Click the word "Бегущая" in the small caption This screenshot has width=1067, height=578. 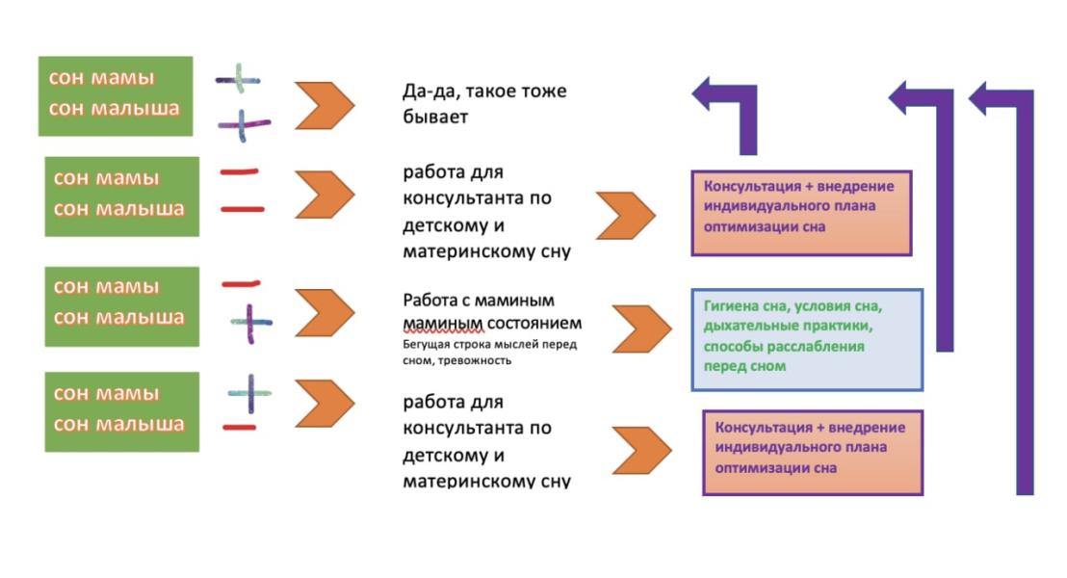pyautogui.click(x=429, y=344)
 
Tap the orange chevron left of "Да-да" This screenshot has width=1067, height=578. pyautogui.click(x=324, y=106)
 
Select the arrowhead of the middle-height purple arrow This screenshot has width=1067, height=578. pyautogui.click(x=903, y=97)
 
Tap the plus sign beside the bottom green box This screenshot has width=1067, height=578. pyautogui.click(x=249, y=393)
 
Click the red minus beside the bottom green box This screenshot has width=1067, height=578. pyautogui.click(x=239, y=427)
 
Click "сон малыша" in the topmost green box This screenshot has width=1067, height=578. pyautogui.click(x=114, y=108)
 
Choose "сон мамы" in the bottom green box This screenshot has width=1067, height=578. pyautogui.click(x=107, y=393)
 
